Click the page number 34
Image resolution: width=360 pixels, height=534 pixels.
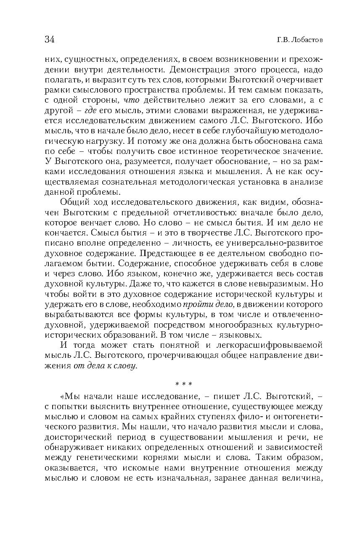[x=50, y=40]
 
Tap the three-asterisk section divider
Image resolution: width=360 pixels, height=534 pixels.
[x=183, y=383]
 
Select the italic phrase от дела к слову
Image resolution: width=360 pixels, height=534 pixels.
[x=105, y=366]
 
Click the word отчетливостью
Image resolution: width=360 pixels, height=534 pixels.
[x=179, y=214]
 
